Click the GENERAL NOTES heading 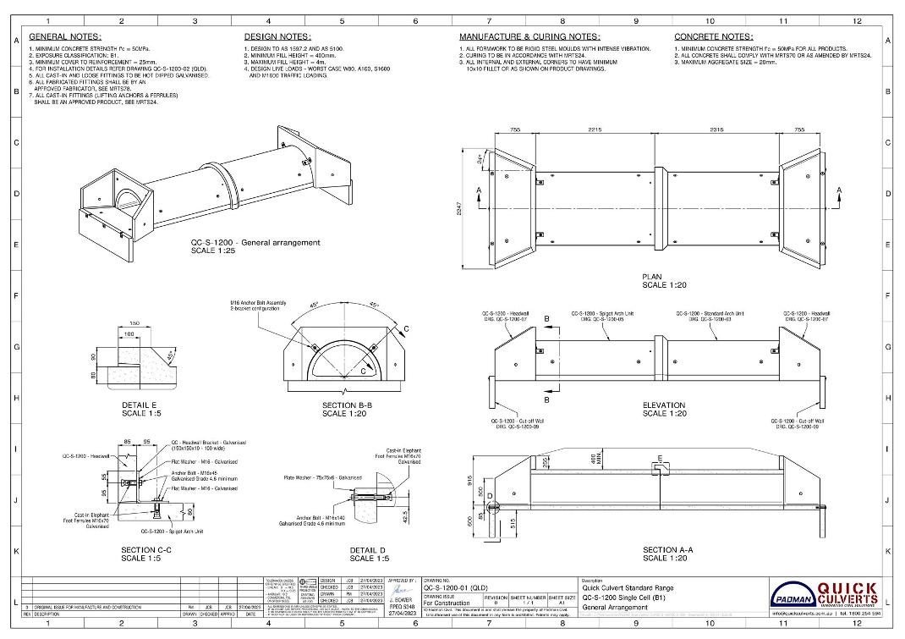(65, 37)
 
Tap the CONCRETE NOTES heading (713, 37)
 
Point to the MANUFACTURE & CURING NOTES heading (529, 37)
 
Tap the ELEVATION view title (664, 405)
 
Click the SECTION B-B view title (345, 405)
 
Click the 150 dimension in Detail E (134, 322)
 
